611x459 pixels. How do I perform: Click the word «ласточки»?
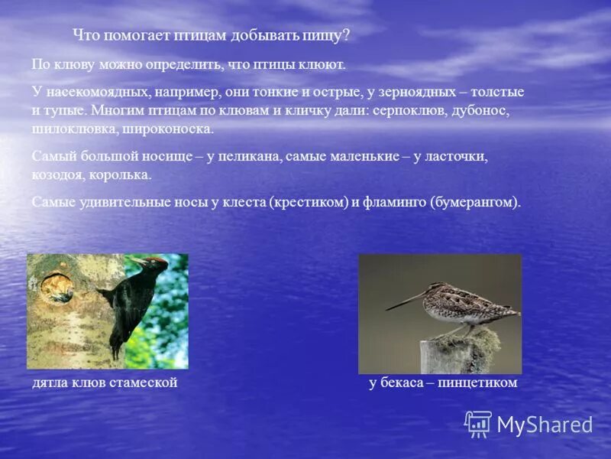(456, 156)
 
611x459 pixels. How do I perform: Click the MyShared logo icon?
(478, 424)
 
